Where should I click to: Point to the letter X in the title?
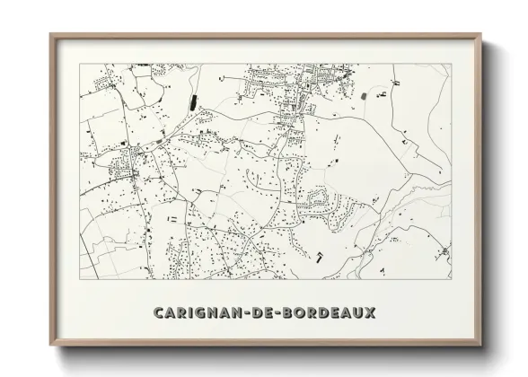371,313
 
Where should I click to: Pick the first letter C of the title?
159,313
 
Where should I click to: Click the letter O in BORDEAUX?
295,313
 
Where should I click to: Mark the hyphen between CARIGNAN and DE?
240,313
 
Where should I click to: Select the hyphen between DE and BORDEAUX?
273,313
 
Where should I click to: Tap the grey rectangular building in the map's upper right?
363,92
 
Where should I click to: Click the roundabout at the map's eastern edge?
444,250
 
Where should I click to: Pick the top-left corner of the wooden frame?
51,36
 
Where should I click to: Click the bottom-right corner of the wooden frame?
480,346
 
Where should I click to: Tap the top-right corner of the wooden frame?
480,36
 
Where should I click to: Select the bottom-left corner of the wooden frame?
51,346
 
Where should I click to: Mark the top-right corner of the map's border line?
452,64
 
